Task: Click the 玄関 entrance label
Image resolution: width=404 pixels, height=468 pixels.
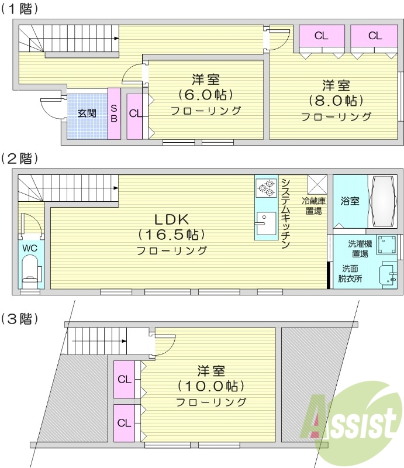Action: pos(87,113)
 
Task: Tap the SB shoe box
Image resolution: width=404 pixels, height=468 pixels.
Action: pos(114,113)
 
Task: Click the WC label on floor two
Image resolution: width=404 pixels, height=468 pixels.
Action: pos(29,247)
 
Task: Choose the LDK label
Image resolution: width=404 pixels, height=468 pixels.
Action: pos(171,219)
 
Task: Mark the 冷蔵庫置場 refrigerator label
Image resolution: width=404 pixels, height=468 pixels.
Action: pos(314,206)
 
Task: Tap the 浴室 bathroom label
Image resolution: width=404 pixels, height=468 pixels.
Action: pos(350,201)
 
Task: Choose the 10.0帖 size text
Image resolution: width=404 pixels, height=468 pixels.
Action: pos(210,387)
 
